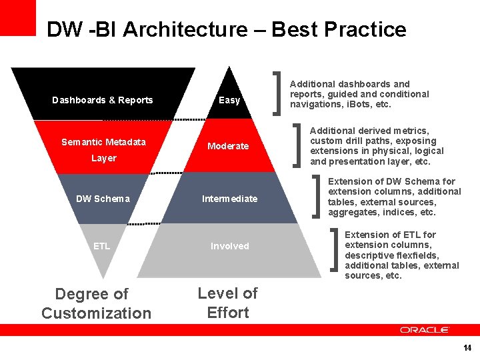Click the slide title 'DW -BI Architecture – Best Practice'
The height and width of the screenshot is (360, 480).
pos(226,29)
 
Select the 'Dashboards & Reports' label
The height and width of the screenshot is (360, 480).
pos(103,100)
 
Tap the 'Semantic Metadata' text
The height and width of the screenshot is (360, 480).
pos(103,141)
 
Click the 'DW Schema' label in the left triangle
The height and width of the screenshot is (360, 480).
pos(103,199)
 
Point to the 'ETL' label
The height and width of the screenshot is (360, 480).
pos(101,246)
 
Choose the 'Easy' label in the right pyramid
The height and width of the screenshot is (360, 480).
pos(229,100)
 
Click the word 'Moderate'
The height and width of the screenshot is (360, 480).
pos(228,146)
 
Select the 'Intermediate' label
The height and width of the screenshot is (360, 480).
pos(229,199)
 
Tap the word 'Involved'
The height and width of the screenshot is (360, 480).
pos(229,246)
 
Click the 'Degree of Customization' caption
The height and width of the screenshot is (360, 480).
pos(96,303)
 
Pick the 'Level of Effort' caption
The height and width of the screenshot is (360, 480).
pos(228,303)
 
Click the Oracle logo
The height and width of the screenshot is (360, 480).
pos(425,330)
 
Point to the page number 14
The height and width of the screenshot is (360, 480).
pos(467,348)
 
